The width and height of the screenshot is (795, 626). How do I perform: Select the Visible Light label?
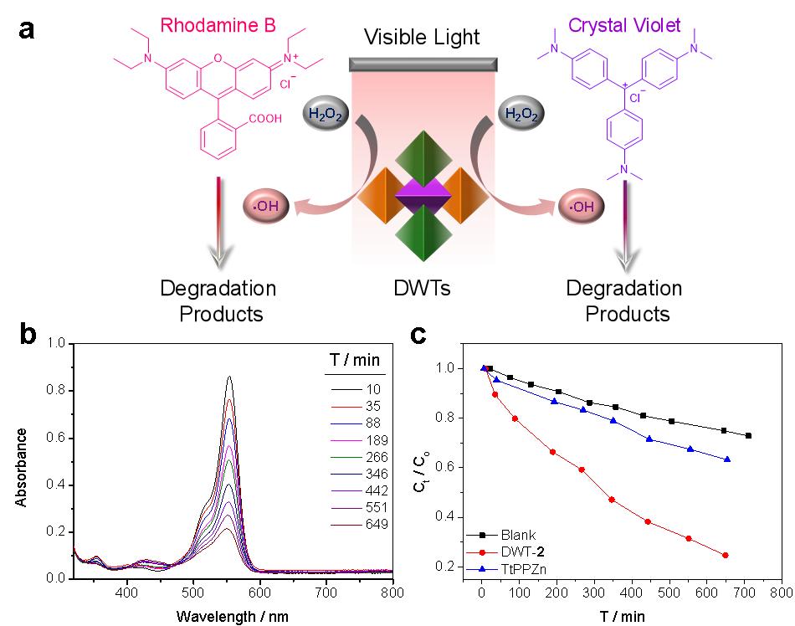(422, 37)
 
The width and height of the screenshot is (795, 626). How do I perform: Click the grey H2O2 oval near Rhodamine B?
(323, 115)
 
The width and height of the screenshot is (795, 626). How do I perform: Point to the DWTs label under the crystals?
(423, 290)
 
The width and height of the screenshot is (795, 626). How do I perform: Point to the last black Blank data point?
(748, 435)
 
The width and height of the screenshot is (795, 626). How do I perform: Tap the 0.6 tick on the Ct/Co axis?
(450, 467)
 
